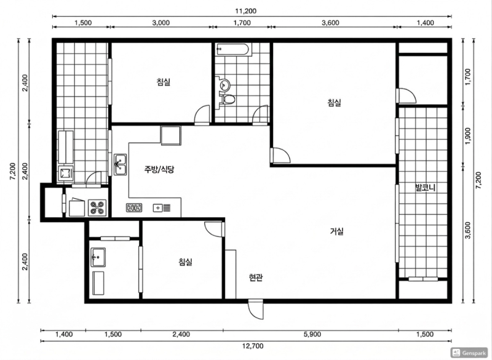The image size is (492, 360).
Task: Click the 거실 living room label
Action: pyautogui.click(x=336, y=231)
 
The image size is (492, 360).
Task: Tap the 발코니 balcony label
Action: pyautogui.click(x=425, y=188)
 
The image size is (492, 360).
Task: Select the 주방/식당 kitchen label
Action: pyautogui.click(x=159, y=169)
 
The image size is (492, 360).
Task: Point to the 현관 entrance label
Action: pyautogui.click(x=256, y=278)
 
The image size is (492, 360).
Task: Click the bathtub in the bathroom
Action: pyautogui.click(x=233, y=50)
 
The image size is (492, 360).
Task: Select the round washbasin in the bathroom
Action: pyautogui.click(x=225, y=84)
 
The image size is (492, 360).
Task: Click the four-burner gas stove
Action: pyautogui.click(x=97, y=207)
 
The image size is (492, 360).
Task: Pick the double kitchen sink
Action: pyautogui.click(x=120, y=164)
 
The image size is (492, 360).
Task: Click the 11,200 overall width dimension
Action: pyautogui.click(x=246, y=11)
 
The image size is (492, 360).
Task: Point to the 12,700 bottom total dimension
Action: pyautogui.click(x=253, y=346)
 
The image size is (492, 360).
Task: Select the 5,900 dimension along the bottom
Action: pyautogui.click(x=312, y=334)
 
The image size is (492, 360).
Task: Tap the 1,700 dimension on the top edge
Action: pyautogui.click(x=242, y=23)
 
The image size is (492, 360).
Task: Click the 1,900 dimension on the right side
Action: pyautogui.click(x=468, y=136)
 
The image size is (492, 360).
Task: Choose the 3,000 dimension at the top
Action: pyautogui.click(x=161, y=23)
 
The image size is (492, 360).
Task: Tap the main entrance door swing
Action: pyautogui.click(x=255, y=309)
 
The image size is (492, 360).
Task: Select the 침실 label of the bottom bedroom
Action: pyautogui.click(x=186, y=262)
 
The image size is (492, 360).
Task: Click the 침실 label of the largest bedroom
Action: pyautogui.click(x=334, y=103)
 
